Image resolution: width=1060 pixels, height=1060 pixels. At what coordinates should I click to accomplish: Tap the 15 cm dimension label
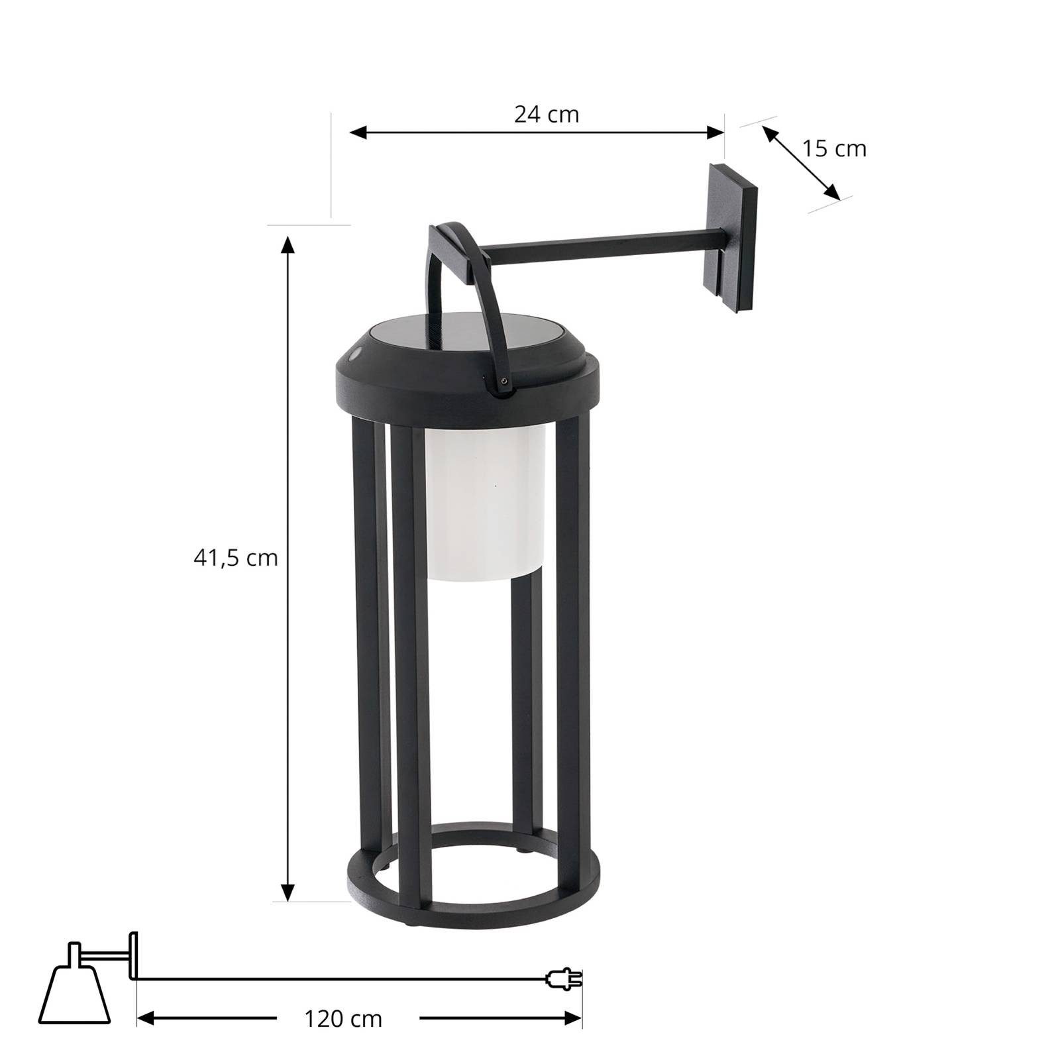(x=834, y=148)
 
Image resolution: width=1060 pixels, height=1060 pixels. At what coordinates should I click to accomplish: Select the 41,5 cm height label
(x=235, y=558)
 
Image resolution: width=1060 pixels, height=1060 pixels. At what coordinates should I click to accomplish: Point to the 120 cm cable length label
(x=343, y=1018)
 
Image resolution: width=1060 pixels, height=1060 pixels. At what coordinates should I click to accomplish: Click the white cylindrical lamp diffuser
(x=486, y=503)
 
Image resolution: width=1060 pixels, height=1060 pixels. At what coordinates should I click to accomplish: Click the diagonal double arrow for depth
(x=801, y=162)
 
